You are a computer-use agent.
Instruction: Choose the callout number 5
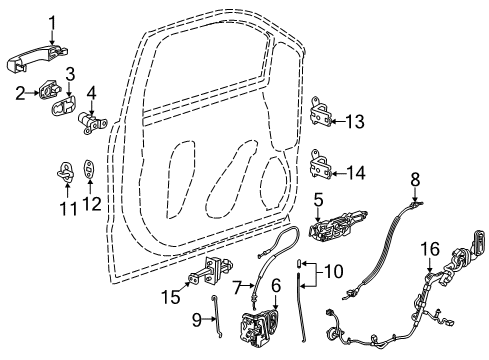click(317, 199)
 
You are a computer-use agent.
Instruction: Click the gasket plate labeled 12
click(90, 171)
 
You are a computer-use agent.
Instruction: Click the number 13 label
click(356, 122)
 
